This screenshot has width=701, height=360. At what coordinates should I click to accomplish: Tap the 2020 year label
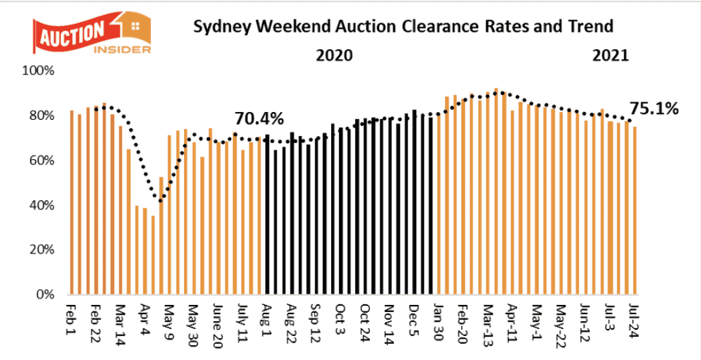click(334, 55)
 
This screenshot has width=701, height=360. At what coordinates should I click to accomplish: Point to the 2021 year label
click(610, 55)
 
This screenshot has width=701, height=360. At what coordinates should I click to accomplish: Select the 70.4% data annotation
click(259, 119)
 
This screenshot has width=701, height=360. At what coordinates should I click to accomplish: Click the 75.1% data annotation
click(654, 109)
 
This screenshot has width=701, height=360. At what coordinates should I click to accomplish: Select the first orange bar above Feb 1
click(71, 203)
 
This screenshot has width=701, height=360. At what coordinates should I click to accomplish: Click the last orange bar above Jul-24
click(634, 210)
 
